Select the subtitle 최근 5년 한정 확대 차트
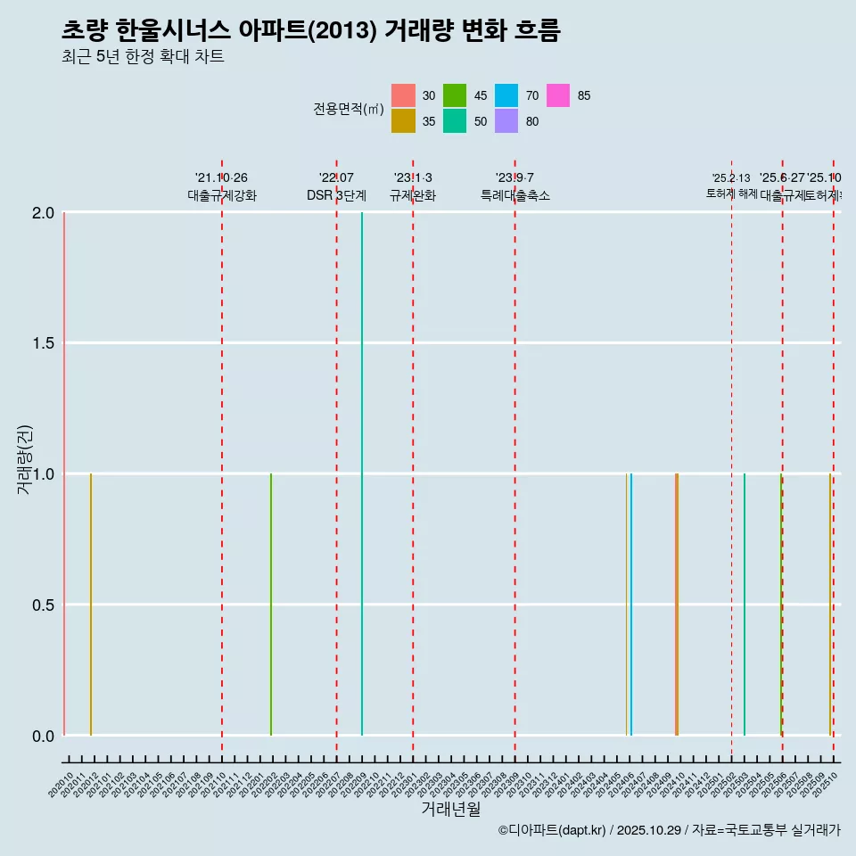(143, 57)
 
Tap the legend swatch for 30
(404, 95)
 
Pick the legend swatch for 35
(404, 121)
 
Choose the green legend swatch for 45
(455, 95)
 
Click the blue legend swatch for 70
(506, 95)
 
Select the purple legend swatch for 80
(506, 121)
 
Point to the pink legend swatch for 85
(558, 95)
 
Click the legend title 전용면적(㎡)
(348, 109)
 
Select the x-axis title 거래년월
(451, 810)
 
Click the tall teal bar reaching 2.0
(362, 473)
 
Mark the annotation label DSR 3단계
(336, 195)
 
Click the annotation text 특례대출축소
(515, 195)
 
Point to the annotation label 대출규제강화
(222, 195)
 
